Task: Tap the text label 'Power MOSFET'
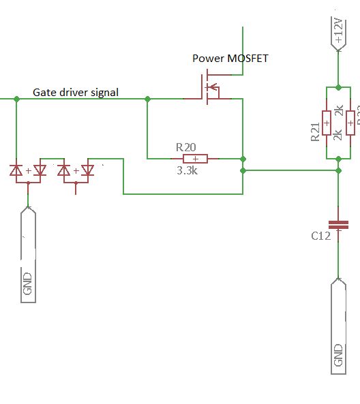230,59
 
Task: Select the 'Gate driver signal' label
76,92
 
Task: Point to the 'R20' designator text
186,146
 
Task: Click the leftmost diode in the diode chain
17,170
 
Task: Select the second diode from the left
40,170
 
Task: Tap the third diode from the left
64,170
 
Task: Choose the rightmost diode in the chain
87,170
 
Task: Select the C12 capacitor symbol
338,225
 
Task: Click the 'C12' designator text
320,236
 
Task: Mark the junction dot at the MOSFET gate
147,99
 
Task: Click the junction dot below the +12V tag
338,87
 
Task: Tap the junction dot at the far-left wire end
16,99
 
